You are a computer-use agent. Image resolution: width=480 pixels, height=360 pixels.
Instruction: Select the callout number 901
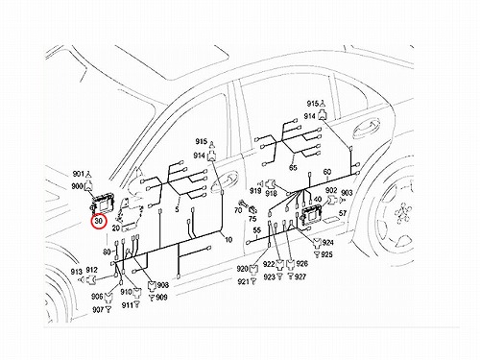tap(78, 174)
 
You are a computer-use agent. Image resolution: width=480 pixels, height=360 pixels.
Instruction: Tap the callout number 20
tap(116, 228)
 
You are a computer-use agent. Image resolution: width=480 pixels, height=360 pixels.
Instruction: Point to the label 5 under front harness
tap(177, 210)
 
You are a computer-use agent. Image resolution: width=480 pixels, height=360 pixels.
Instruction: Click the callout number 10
tap(228, 239)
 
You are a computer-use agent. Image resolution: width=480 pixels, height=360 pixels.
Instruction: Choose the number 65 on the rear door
tap(293, 167)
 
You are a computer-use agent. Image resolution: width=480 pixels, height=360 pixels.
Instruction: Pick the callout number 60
tap(327, 172)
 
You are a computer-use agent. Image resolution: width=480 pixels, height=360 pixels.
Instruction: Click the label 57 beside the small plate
tap(343, 213)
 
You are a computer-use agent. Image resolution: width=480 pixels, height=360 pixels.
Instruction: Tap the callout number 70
tap(238, 210)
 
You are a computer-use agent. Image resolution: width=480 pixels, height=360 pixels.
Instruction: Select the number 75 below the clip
tap(252, 219)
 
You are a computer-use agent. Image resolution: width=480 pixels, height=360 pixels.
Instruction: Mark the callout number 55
tap(257, 230)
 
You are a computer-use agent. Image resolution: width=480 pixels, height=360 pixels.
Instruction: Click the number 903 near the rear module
tap(347, 193)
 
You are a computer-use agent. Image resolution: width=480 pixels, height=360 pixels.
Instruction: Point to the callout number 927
tap(300, 276)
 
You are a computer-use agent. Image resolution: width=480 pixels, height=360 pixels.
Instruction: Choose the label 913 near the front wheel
tap(77, 272)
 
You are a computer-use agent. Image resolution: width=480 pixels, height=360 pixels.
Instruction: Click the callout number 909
tap(161, 298)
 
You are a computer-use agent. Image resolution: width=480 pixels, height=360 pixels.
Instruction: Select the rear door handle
tap(367, 129)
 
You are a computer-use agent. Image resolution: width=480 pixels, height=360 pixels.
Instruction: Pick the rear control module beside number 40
tap(311, 213)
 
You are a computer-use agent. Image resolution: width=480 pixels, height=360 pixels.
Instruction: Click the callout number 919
tap(255, 191)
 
